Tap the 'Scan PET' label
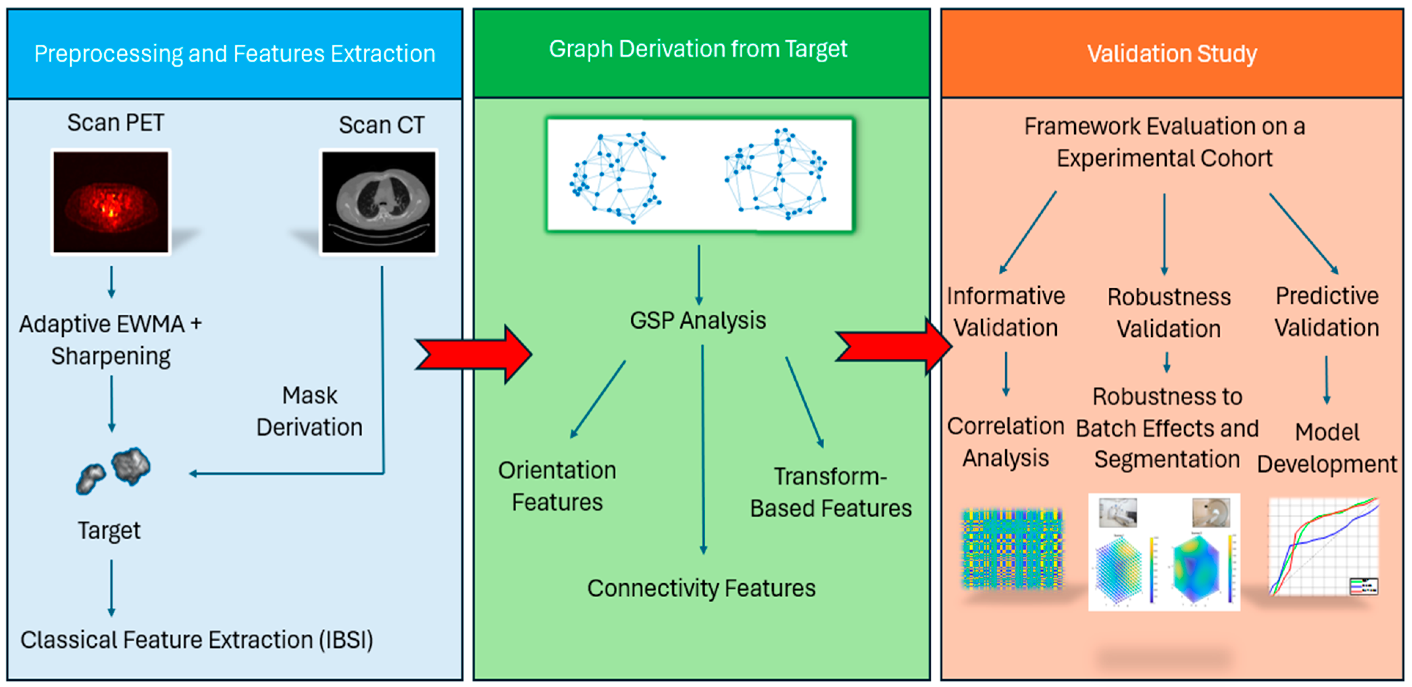click(115, 123)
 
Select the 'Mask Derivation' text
click(310, 411)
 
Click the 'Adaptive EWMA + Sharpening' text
click(111, 340)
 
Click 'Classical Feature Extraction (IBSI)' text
click(197, 640)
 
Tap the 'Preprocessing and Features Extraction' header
click(235, 54)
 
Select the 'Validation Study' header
click(1172, 54)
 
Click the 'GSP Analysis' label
click(698, 321)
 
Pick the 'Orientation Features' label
click(557, 486)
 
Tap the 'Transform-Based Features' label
click(830, 492)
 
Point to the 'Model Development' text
click(1327, 448)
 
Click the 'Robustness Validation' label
click(1169, 313)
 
